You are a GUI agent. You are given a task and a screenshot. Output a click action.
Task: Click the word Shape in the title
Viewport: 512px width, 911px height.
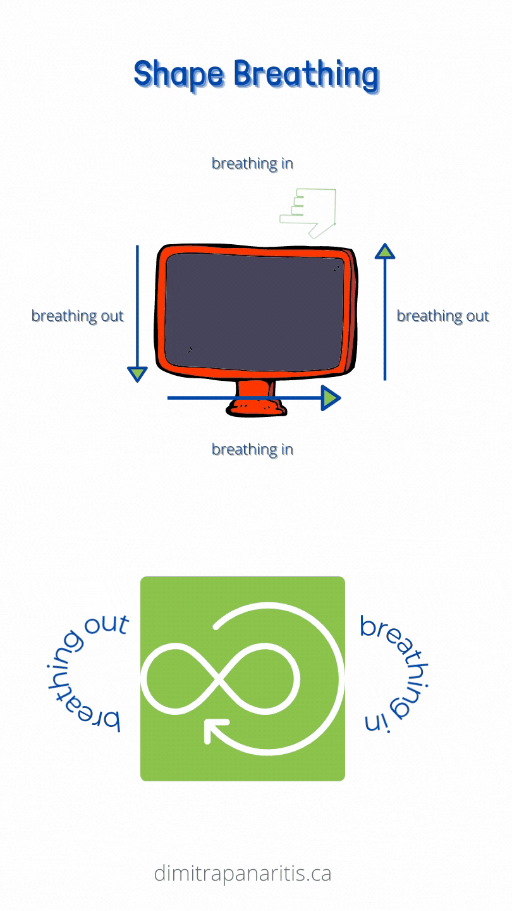point(179,75)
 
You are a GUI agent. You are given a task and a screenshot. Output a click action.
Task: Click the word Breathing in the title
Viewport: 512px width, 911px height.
point(307,75)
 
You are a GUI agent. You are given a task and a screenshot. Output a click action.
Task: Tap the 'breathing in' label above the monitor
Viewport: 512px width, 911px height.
point(252,164)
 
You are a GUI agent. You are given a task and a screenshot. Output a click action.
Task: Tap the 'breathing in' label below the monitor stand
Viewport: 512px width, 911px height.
point(252,450)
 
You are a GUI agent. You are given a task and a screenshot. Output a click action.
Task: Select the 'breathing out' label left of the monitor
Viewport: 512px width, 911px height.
point(78,316)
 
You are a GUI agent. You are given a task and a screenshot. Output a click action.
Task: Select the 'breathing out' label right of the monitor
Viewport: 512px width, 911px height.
point(443,316)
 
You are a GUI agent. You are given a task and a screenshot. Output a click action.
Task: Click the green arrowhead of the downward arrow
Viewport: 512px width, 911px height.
point(137,374)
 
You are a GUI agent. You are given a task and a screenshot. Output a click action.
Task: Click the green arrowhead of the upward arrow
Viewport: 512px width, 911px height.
point(385,251)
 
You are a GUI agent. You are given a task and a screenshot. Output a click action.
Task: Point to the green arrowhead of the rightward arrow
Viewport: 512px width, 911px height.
point(331,398)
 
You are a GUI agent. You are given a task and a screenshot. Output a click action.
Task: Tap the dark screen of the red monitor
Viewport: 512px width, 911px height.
point(255,313)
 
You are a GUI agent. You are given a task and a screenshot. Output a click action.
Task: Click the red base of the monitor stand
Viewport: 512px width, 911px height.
point(257,407)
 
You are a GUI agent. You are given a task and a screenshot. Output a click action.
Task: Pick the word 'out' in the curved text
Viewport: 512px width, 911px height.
point(106,624)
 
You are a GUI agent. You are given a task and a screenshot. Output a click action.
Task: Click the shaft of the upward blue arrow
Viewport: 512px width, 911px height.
point(385,319)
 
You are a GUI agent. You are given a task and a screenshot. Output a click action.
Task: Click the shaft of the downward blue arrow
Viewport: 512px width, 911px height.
point(137,306)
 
